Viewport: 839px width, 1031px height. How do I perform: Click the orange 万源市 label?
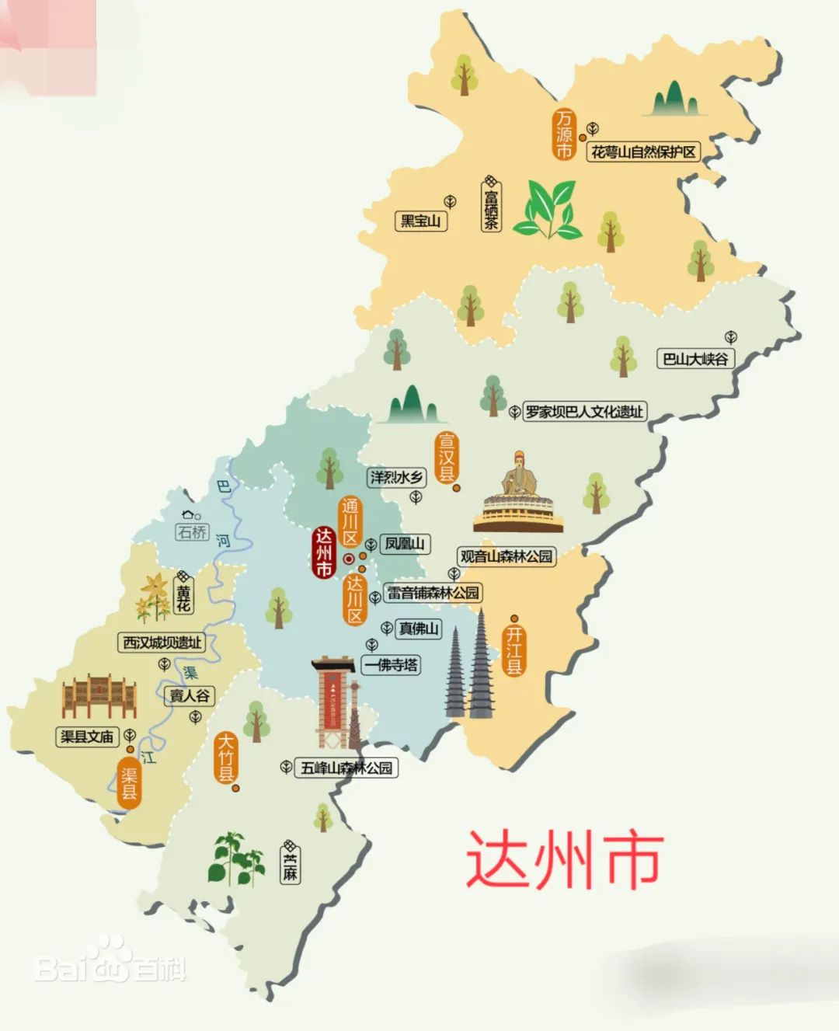pyautogui.click(x=564, y=134)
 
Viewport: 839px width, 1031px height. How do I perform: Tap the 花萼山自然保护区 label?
pyautogui.click(x=643, y=152)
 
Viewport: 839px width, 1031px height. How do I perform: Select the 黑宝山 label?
pyautogui.click(x=420, y=221)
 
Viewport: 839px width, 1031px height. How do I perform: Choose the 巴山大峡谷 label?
pyautogui.click(x=695, y=358)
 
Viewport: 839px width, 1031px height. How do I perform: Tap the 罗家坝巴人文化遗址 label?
pyautogui.click(x=584, y=412)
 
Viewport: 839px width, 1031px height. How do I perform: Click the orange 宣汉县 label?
pyautogui.click(x=446, y=458)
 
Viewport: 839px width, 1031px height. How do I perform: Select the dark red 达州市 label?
pyautogui.click(x=324, y=553)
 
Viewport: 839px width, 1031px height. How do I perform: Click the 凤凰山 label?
pyautogui.click(x=405, y=544)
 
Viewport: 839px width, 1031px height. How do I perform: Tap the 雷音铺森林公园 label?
pyautogui.click(x=433, y=593)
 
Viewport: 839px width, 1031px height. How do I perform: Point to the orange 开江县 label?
pyautogui.click(x=513, y=650)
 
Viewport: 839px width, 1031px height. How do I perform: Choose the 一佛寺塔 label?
pyautogui.click(x=392, y=665)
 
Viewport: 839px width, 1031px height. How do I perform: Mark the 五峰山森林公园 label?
pyautogui.click(x=346, y=768)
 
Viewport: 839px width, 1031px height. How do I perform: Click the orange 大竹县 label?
pyautogui.click(x=226, y=757)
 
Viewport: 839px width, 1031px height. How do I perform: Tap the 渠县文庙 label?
pyautogui.click(x=87, y=736)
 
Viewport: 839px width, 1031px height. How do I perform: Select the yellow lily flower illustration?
pyautogui.click(x=154, y=597)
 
